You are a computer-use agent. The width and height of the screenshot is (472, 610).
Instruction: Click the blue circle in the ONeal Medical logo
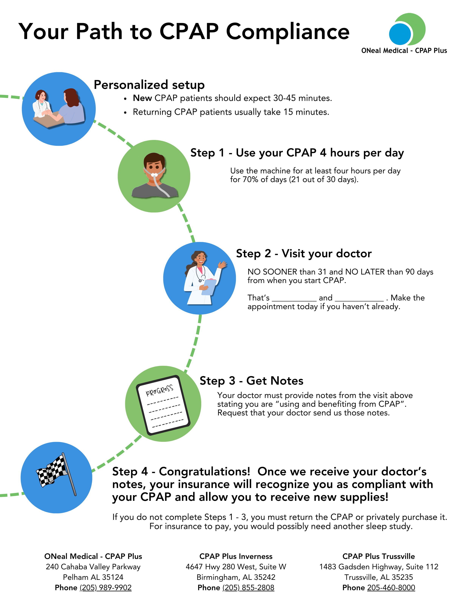pyautogui.click(x=400, y=34)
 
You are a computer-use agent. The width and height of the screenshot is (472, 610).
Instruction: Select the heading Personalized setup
pyautogui.click(x=149, y=85)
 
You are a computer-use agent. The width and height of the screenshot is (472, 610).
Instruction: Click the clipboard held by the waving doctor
pyautogui.click(x=209, y=287)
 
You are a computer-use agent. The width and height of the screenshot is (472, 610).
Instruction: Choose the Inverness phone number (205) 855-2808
pyautogui.click(x=248, y=588)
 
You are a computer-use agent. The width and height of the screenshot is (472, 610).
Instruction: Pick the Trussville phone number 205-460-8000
pyautogui.click(x=391, y=588)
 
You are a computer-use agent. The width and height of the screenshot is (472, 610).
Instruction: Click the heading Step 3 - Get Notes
pyautogui.click(x=251, y=381)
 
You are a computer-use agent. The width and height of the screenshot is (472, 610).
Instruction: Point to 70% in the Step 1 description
pyautogui.click(x=250, y=180)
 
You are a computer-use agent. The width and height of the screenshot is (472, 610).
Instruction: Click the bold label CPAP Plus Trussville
pyautogui.click(x=378, y=556)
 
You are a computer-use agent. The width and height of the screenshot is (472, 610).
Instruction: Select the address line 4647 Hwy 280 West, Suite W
pyautogui.click(x=236, y=567)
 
